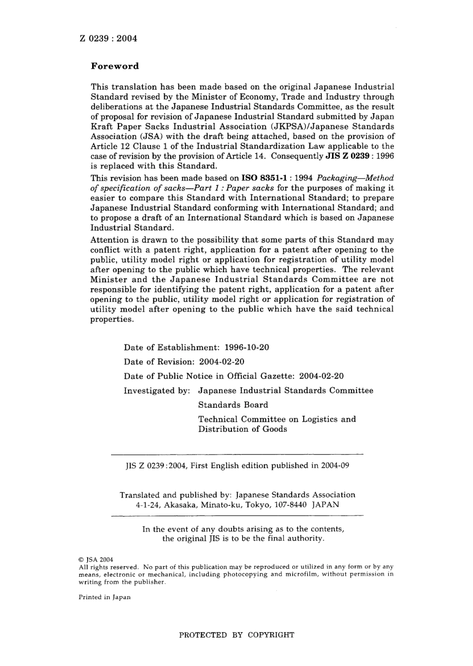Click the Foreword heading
click(x=115, y=66)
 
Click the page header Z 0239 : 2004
click(x=108, y=38)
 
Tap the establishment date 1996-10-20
click(x=247, y=347)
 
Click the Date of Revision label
click(x=158, y=361)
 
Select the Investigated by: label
click(x=157, y=390)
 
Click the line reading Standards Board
click(x=233, y=405)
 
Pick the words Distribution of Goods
click(x=242, y=429)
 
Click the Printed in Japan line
click(x=105, y=597)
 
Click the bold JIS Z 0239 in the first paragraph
click(x=347, y=156)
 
